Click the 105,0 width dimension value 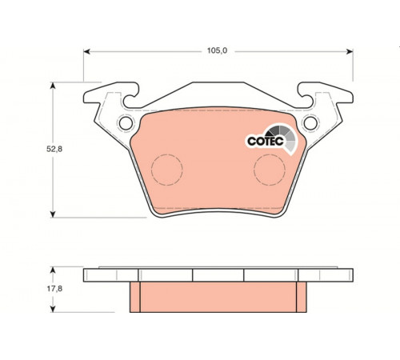218,50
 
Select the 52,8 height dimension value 54,149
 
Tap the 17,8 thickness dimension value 54,289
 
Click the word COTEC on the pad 266,141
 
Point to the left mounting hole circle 126,123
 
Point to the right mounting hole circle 310,123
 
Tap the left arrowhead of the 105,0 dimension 87,51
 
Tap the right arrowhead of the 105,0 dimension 350,51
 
